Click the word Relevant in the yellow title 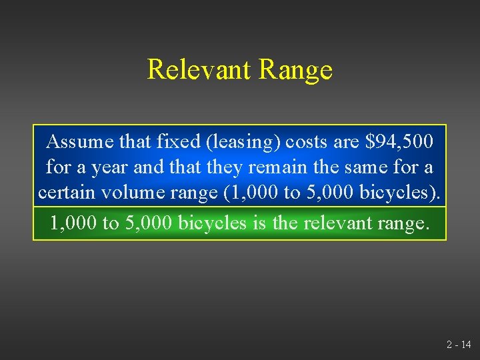point(198,69)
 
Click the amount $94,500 point(399,141)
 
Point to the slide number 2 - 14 point(458,345)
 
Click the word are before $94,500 point(345,141)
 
